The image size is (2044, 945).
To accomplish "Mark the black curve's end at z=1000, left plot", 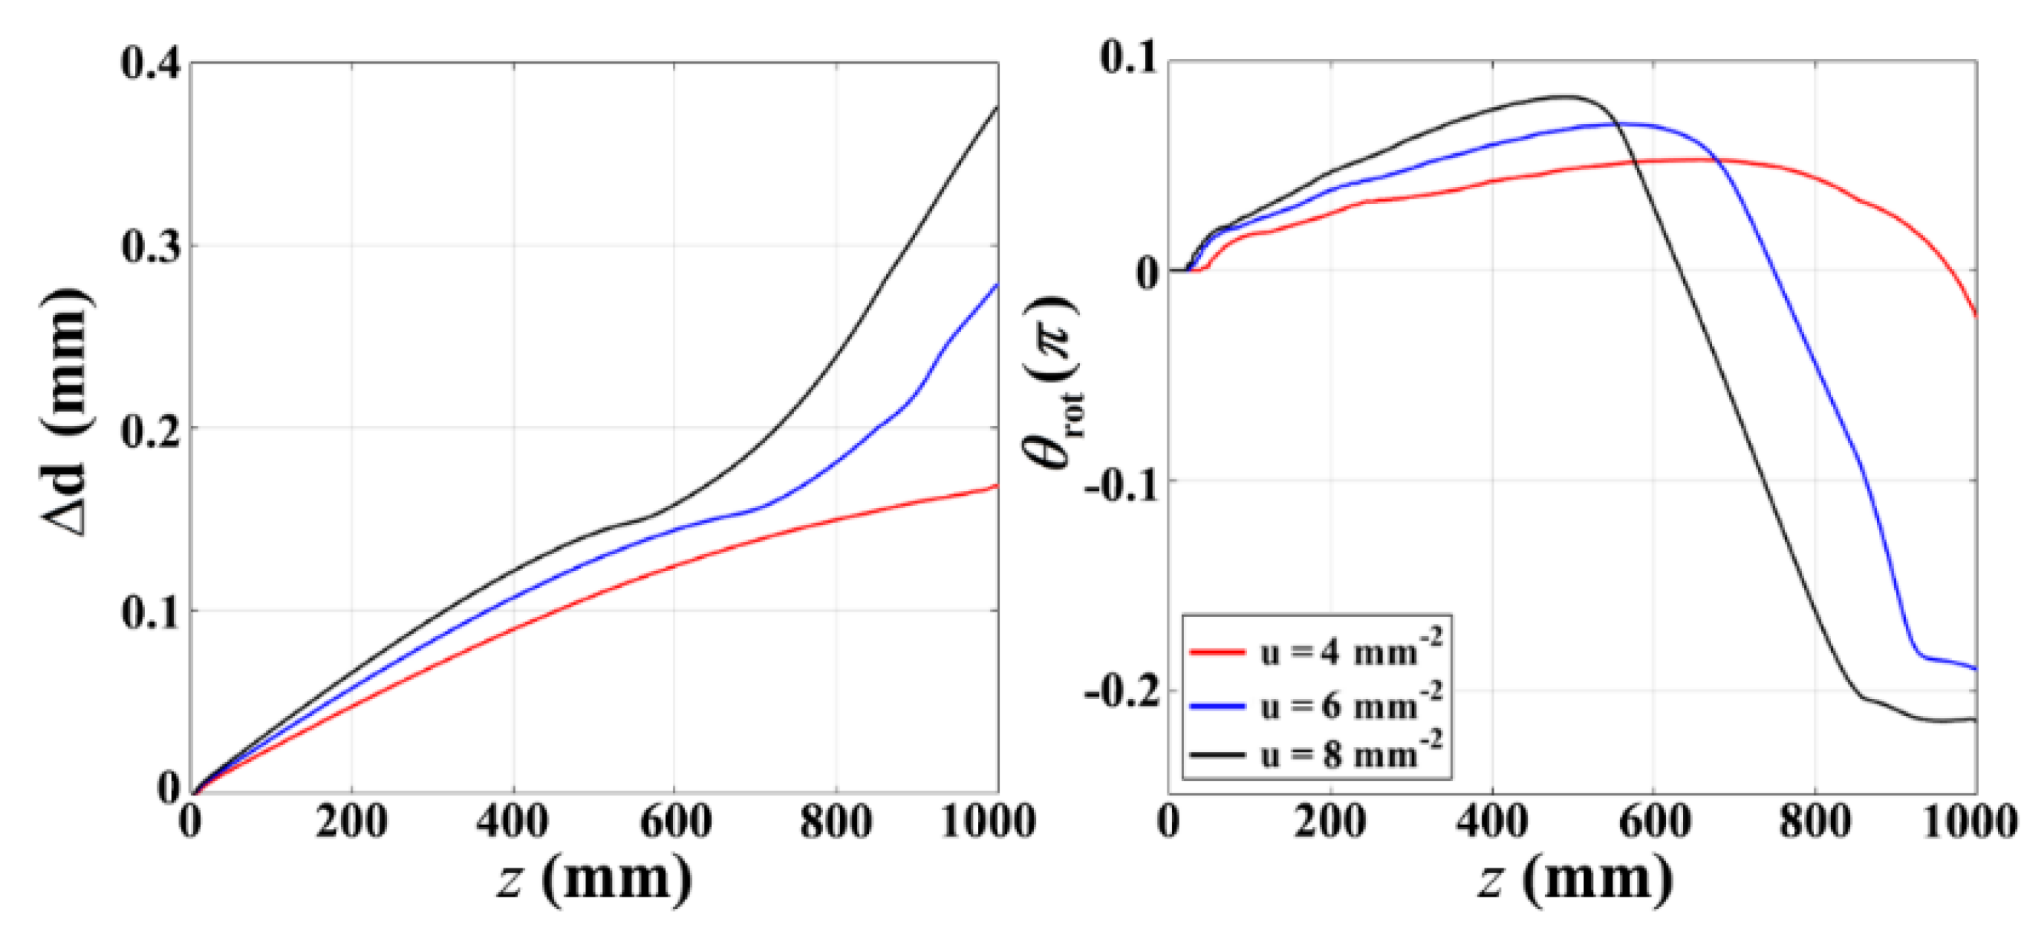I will tap(996, 107).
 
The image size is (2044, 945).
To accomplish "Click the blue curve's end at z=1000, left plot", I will tap(996, 284).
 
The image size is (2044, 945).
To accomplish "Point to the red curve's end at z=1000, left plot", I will tap(996, 486).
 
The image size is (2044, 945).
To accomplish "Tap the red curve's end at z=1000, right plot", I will tap(1975, 315).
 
